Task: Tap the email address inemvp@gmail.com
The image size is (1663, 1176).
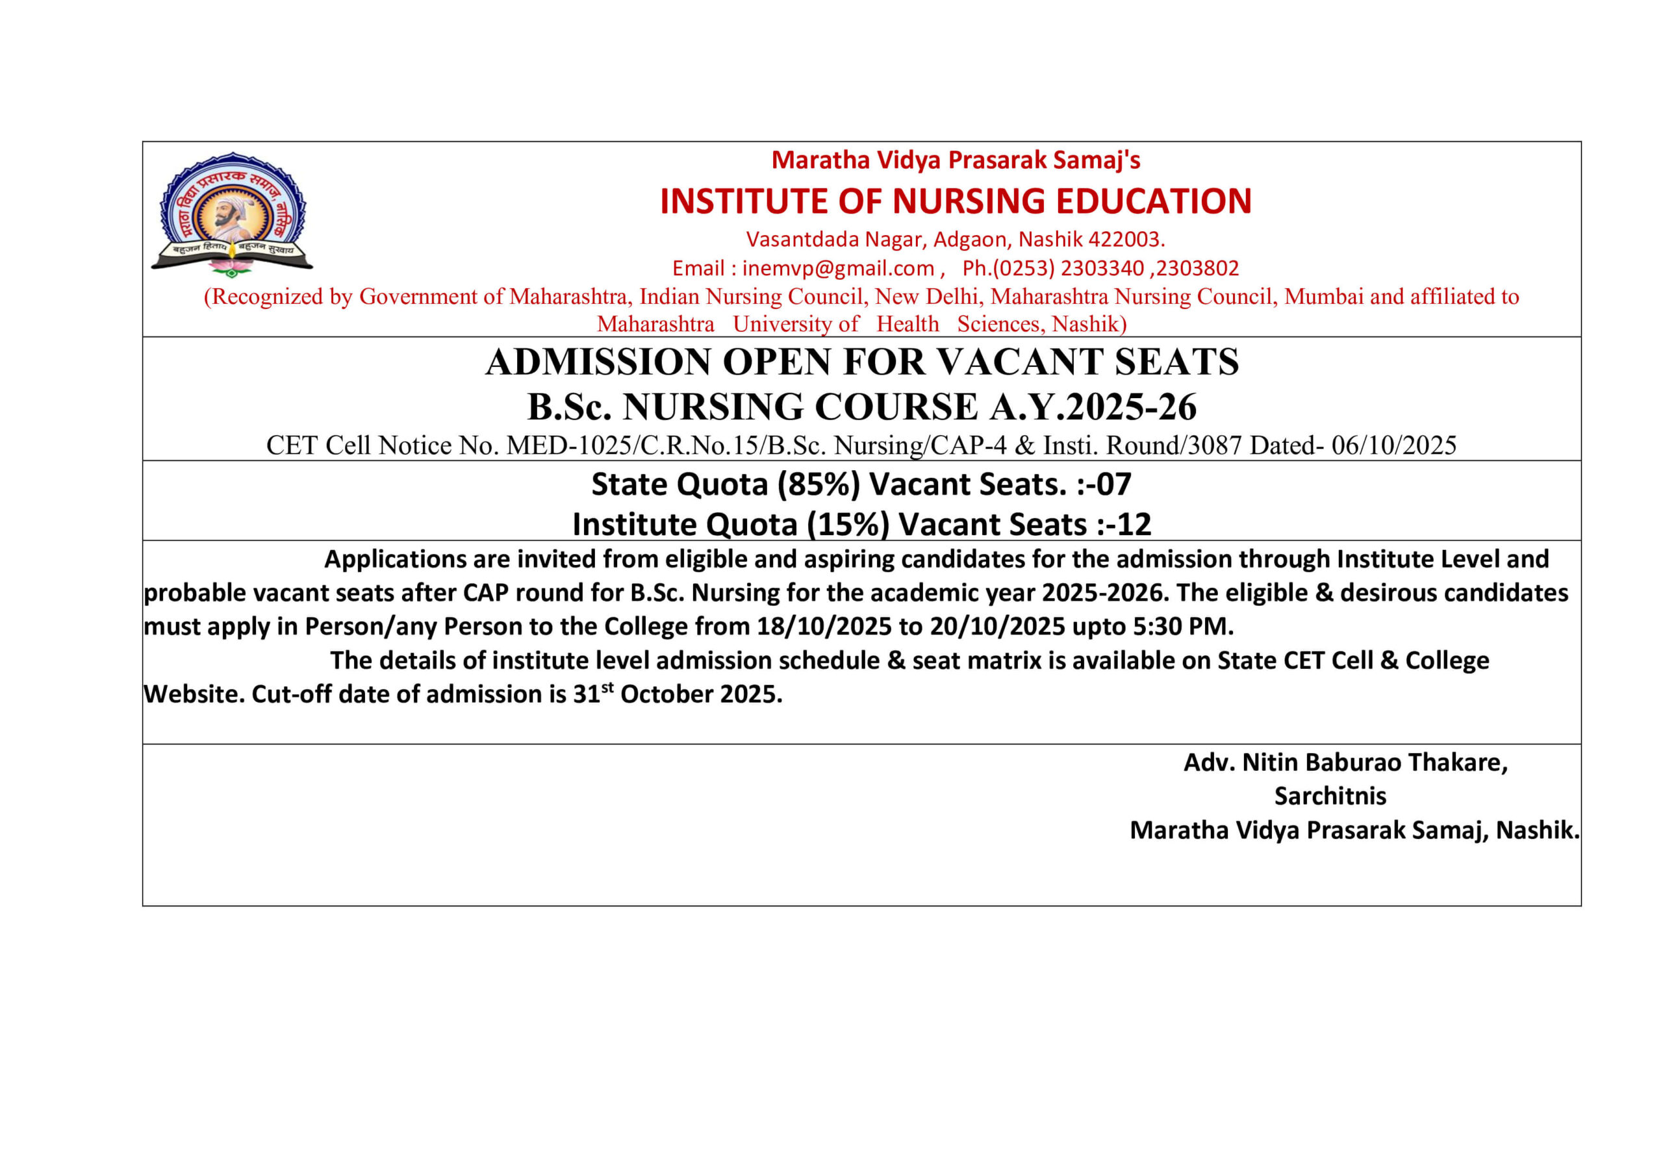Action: click(838, 269)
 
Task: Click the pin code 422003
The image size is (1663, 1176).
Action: click(1126, 239)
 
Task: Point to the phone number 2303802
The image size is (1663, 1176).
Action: click(1198, 269)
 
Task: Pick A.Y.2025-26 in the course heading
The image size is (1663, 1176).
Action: click(1093, 407)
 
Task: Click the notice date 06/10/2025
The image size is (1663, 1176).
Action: click(1393, 445)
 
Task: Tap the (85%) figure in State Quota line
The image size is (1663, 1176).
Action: click(819, 484)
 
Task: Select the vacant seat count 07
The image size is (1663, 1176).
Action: click(1113, 484)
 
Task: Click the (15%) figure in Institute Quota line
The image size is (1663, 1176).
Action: click(848, 524)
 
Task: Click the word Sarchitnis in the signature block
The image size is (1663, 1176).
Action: click(1330, 797)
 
